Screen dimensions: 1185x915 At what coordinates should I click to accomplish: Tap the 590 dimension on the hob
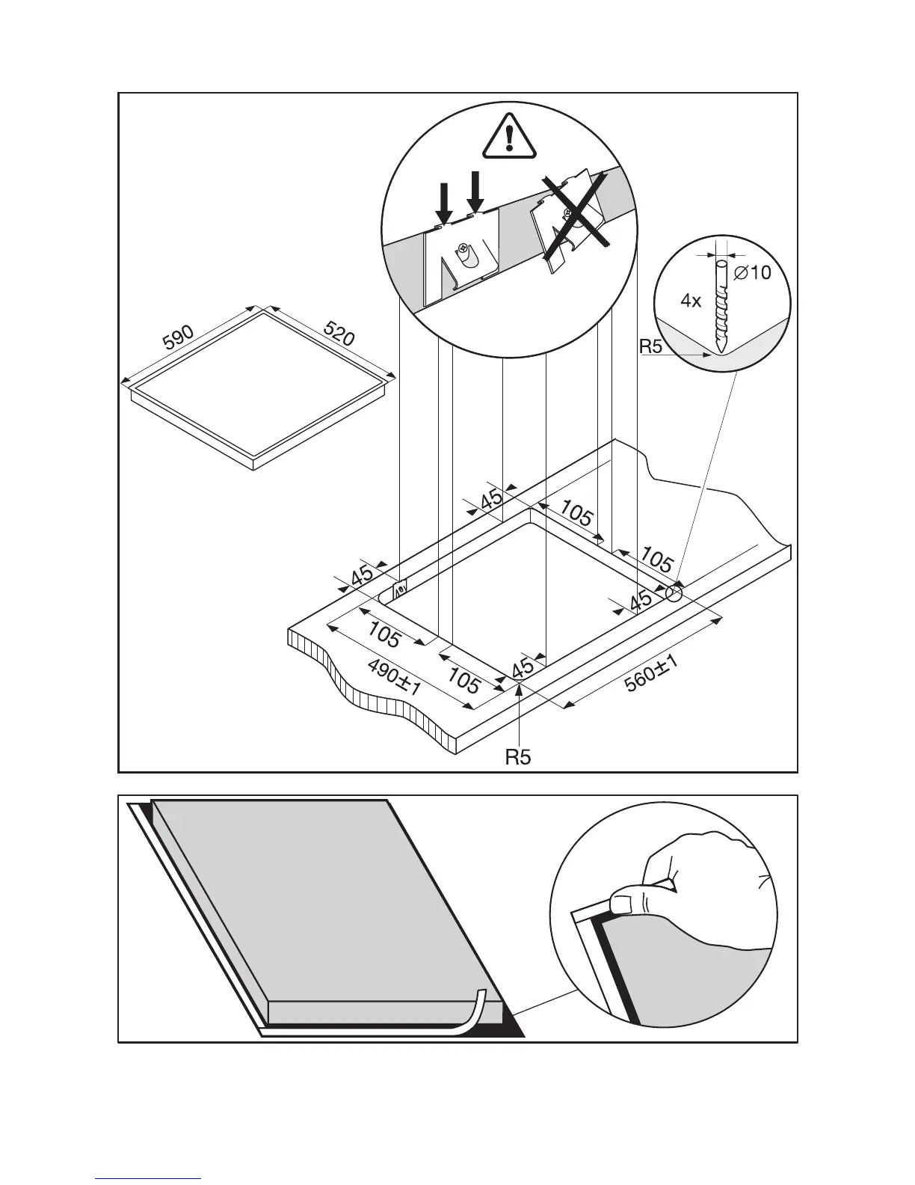179,337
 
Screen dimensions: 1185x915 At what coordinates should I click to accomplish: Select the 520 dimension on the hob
338,334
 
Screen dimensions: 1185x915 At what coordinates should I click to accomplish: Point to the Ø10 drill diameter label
752,273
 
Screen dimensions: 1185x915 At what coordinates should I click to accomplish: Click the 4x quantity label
691,301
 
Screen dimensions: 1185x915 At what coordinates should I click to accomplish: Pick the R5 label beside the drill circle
651,347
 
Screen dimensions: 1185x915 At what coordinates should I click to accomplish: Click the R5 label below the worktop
517,758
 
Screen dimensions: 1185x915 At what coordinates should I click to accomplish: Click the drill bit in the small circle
722,307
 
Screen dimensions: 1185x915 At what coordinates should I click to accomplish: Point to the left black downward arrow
443,201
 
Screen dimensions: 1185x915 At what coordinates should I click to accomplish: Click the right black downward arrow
475,192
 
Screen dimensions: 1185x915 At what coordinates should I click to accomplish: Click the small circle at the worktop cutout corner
674,595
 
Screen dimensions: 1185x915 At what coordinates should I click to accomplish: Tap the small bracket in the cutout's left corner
400,588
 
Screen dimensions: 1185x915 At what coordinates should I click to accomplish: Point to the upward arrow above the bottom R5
519,699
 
